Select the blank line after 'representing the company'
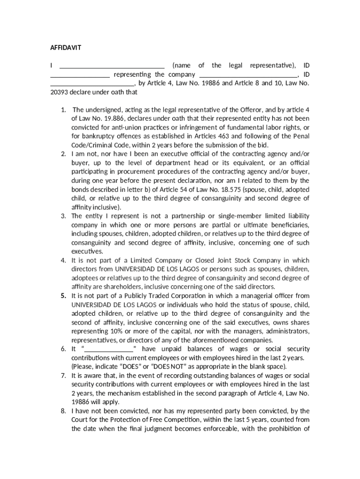[248, 75]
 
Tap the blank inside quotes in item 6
[108, 349]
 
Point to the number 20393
[59, 92]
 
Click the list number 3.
[63, 216]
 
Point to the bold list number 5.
[63, 296]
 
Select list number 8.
[63, 411]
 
